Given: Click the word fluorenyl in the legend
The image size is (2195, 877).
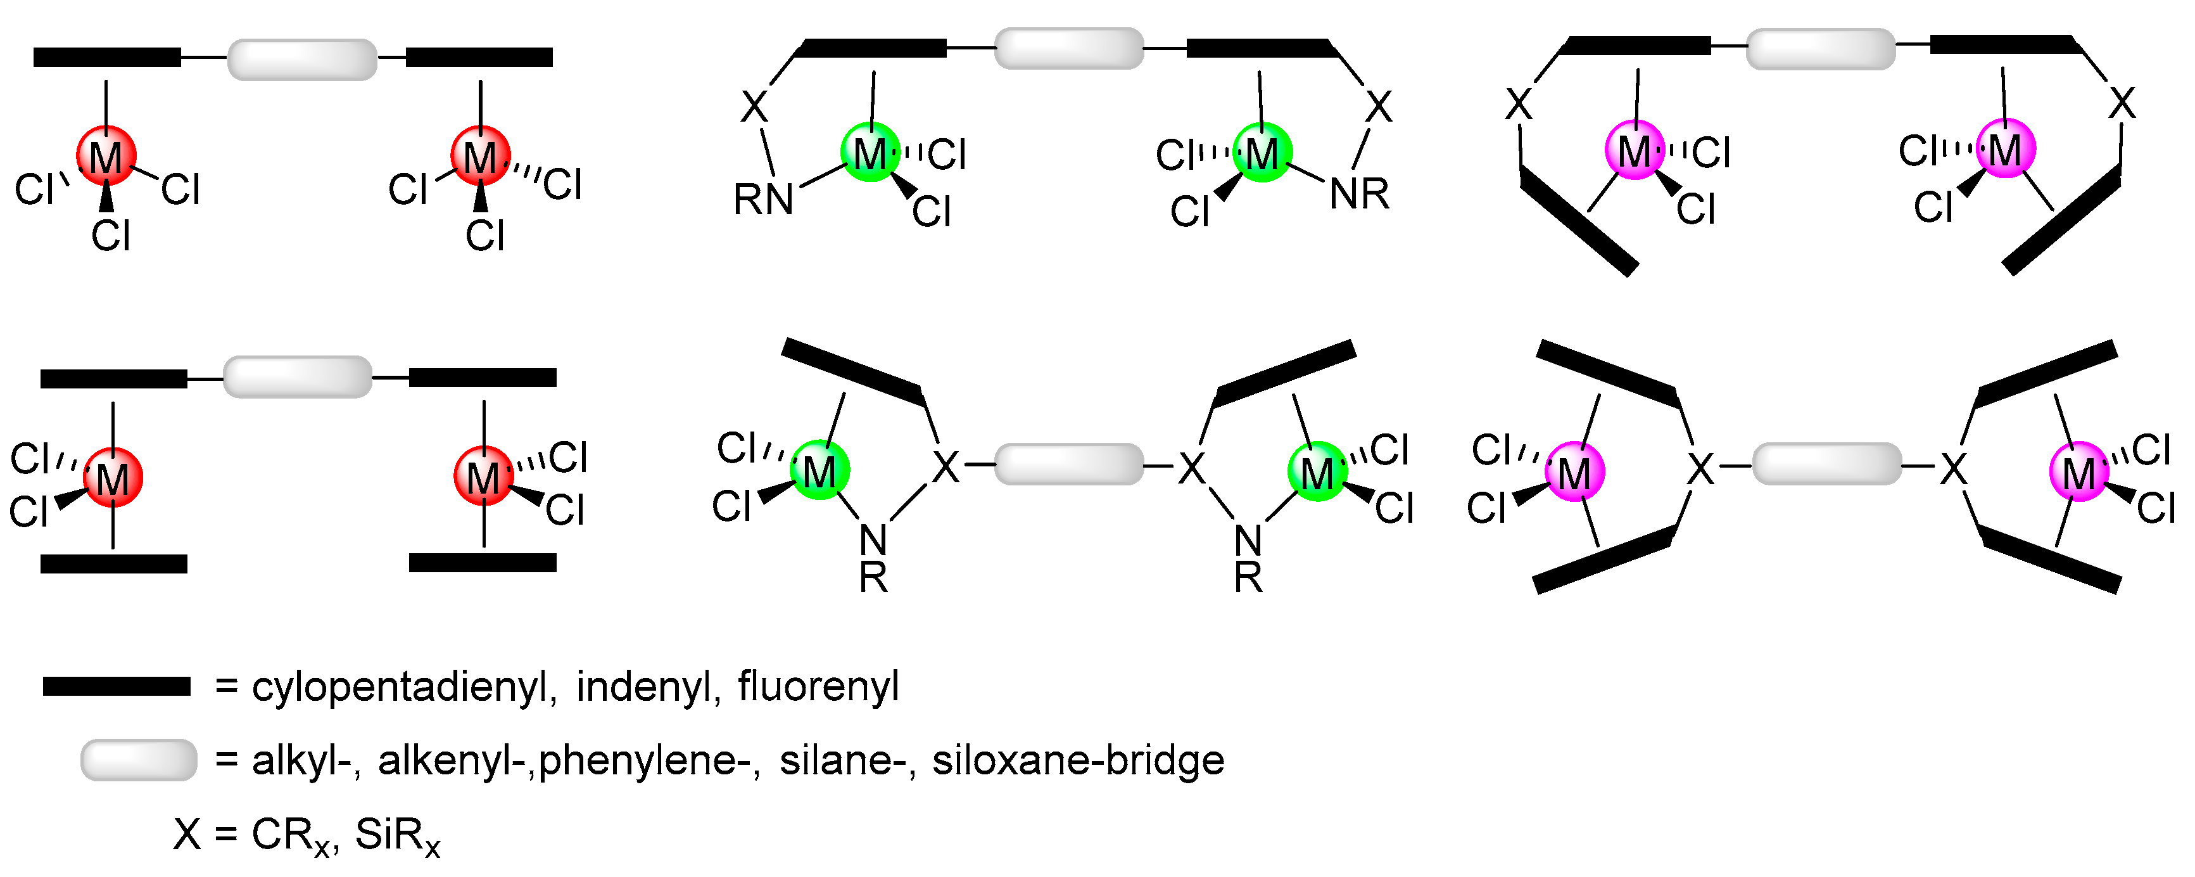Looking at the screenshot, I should [x=818, y=686].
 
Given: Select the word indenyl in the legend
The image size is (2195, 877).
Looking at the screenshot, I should [x=644, y=686].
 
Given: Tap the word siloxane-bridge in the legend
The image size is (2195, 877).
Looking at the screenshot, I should [x=1078, y=759].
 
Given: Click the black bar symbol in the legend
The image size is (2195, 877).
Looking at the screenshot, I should [x=117, y=686].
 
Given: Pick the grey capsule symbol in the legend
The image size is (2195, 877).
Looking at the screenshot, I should [x=139, y=759].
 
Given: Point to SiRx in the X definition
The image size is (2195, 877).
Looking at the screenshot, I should [x=397, y=835].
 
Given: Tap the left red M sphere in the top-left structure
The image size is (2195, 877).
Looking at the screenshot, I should [x=106, y=156].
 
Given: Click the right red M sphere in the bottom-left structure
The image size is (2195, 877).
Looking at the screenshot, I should [x=483, y=477].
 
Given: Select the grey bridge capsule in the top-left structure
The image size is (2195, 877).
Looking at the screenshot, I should [x=303, y=59].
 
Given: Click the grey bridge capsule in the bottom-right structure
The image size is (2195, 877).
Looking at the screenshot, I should [x=1826, y=464].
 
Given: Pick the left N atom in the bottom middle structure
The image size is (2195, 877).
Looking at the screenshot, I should [x=873, y=539].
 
